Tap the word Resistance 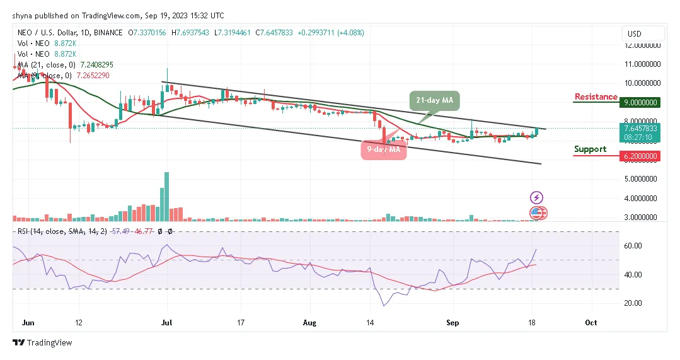pos(596,97)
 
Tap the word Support pos(590,149)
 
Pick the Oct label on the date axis pos(591,322)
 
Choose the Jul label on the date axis pos(166,322)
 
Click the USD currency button pos(635,33)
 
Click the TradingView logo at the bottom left pos(42,343)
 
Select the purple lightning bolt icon pos(536,197)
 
